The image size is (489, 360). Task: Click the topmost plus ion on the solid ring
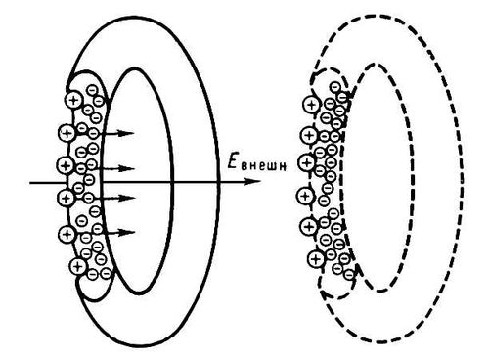74,100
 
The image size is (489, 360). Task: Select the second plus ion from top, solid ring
67,133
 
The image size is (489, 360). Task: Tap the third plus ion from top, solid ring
66,165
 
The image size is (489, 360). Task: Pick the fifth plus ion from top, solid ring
67,234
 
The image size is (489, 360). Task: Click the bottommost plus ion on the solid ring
77,266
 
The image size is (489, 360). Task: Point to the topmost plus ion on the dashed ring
311,105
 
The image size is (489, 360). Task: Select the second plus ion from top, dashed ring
308,135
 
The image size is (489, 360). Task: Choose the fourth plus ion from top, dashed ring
305,196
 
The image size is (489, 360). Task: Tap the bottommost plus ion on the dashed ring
315,259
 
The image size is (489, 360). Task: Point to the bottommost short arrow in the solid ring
119,232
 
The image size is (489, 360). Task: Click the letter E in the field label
232,162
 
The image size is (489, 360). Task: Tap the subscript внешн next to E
264,166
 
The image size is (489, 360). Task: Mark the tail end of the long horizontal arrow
30,183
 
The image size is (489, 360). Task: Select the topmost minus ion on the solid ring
93,90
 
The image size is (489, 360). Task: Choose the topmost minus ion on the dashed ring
334,87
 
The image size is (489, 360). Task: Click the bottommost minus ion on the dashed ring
349,275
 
